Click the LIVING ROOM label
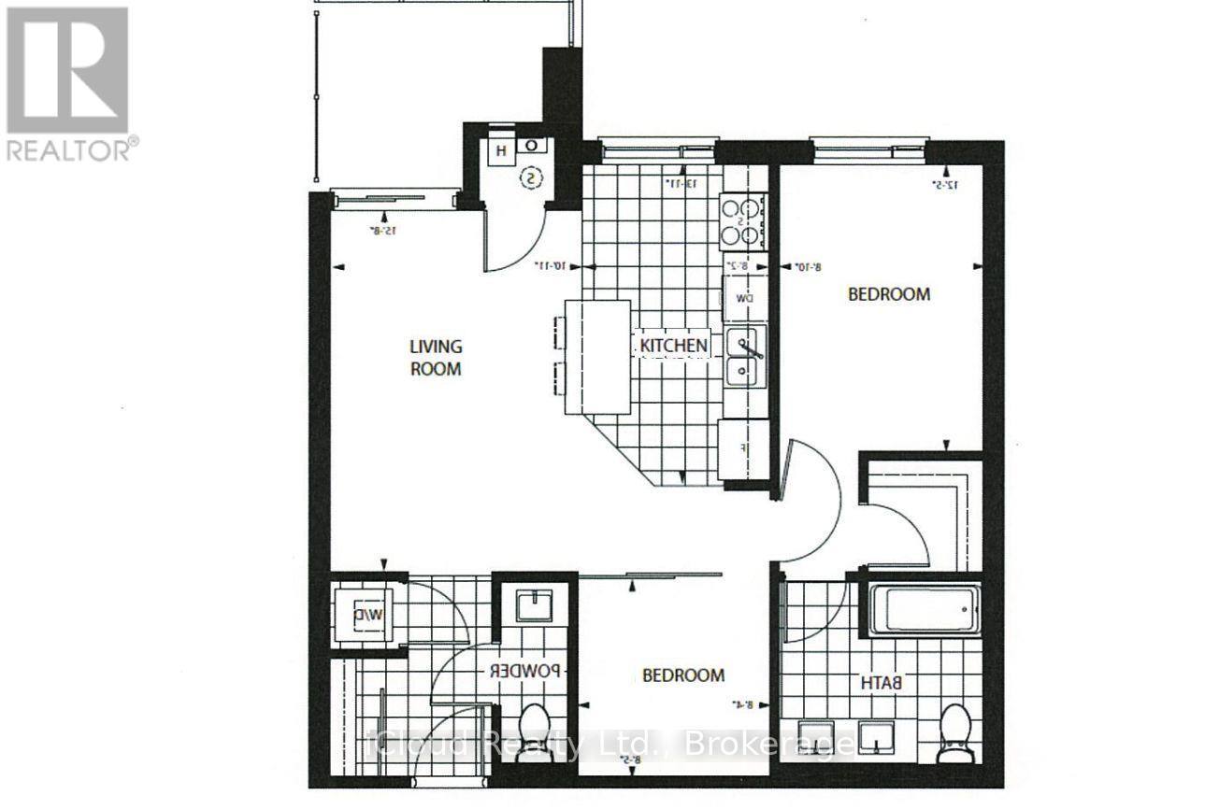point(436,357)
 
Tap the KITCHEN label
point(673,346)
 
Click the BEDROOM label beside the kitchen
point(888,294)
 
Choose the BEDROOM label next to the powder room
point(682,675)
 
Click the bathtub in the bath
point(925,610)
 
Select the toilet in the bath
point(955,731)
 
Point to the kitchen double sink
point(746,356)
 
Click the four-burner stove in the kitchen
point(742,221)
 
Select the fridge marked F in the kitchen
point(743,448)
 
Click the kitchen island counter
point(597,357)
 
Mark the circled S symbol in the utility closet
point(531,177)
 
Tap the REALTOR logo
point(69,83)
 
